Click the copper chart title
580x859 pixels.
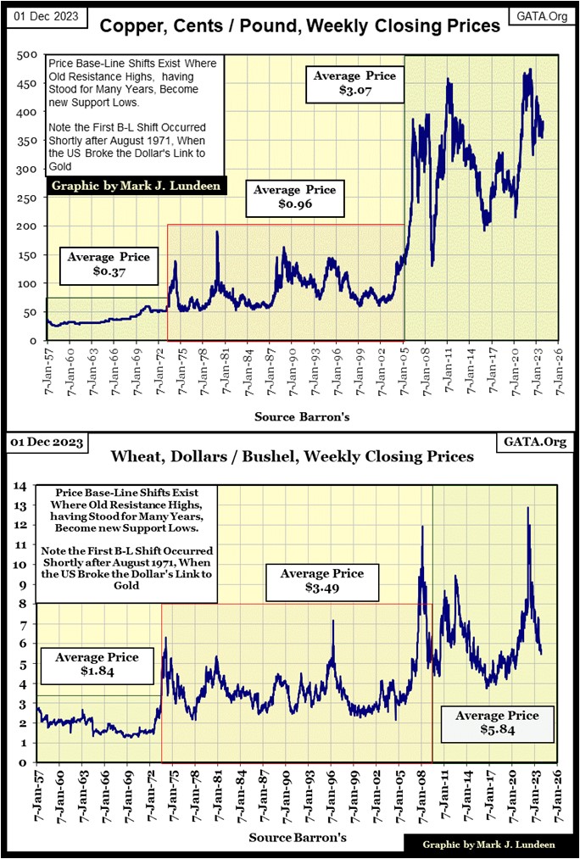point(300,27)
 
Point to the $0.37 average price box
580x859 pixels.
point(109,265)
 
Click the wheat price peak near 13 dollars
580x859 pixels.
point(528,508)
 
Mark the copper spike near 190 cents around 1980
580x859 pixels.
point(217,232)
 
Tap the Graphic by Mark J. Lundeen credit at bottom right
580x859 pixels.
point(489,845)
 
